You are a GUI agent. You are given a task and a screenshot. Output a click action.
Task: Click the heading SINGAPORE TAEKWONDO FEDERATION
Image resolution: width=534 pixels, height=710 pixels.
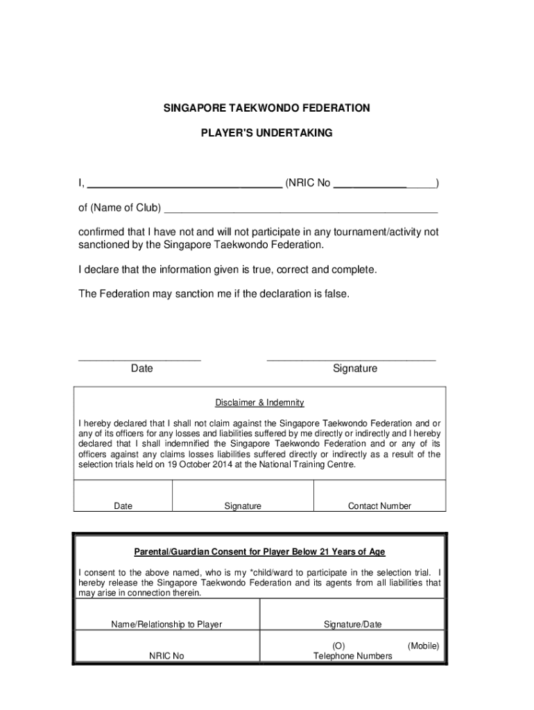(x=266, y=108)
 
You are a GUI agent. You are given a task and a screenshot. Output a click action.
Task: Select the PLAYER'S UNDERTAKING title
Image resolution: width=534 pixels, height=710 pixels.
(x=266, y=132)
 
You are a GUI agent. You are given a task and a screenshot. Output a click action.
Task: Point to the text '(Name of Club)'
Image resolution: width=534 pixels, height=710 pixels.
(x=125, y=208)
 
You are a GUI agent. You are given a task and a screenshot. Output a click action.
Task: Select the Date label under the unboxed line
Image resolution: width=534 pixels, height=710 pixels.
(x=141, y=369)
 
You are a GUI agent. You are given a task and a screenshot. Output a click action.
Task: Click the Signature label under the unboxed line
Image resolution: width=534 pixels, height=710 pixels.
(x=354, y=369)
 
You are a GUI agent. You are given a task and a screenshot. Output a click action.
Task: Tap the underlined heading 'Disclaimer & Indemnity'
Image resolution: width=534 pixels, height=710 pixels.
(x=259, y=403)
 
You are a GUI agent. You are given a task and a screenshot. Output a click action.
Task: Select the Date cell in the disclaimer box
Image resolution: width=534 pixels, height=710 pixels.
(x=123, y=506)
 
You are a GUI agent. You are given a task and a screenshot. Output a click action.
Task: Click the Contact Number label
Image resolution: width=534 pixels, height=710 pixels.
(x=379, y=506)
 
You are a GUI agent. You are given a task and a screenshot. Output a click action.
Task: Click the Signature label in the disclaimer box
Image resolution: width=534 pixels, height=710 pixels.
(x=243, y=506)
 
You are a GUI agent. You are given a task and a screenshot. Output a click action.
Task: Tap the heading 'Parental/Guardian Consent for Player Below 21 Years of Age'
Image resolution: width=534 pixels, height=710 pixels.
(x=259, y=552)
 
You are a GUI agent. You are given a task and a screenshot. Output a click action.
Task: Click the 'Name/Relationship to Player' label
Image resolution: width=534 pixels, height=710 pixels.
(x=166, y=625)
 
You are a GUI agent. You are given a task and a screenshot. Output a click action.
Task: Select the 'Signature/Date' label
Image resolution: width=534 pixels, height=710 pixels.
(x=352, y=625)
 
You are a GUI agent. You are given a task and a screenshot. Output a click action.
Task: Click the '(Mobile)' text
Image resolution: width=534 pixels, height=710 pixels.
(x=423, y=646)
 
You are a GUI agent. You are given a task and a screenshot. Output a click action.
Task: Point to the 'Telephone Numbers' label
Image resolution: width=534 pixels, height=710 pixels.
(x=352, y=656)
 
